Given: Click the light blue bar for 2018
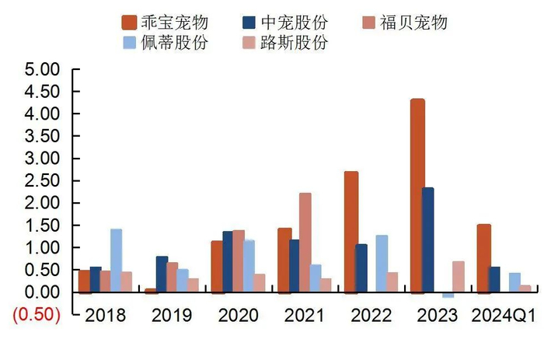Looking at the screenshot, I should pyautogui.click(x=116, y=260).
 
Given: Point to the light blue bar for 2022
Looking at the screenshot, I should pyautogui.click(x=382, y=264).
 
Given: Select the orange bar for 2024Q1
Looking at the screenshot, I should pyautogui.click(x=483, y=258).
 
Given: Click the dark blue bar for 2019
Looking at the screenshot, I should pyautogui.click(x=162, y=274).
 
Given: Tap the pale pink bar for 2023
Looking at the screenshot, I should pyautogui.click(x=458, y=277).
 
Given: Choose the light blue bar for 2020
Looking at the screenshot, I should pyautogui.click(x=249, y=266).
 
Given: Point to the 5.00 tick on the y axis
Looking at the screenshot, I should pyautogui.click(x=43, y=70).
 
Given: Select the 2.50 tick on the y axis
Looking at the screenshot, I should pyautogui.click(x=43, y=181).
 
